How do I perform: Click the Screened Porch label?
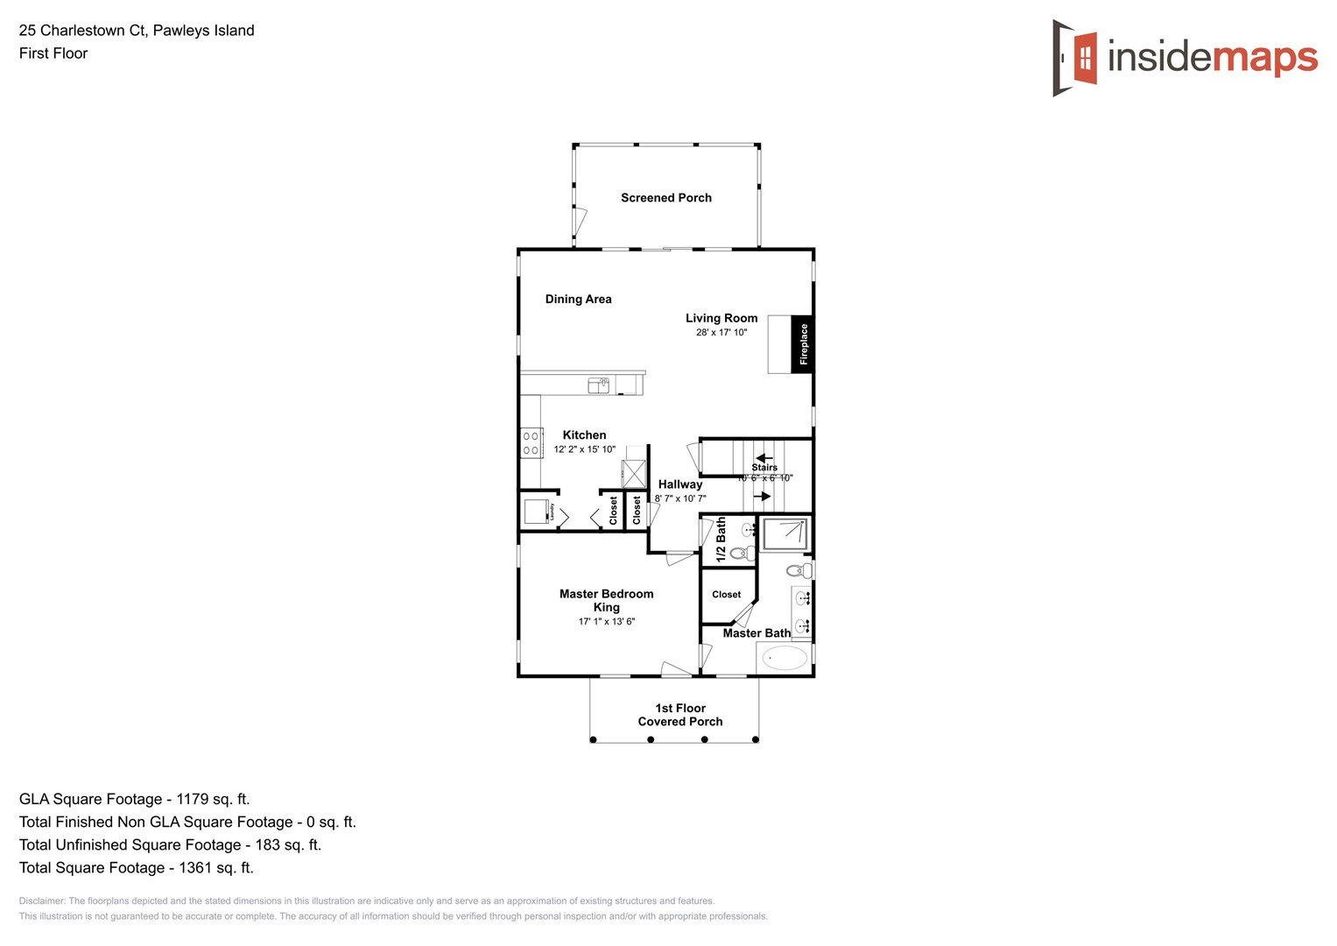point(666,198)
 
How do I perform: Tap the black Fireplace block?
point(802,344)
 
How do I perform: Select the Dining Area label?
point(578,300)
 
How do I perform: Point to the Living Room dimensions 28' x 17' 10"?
point(721,333)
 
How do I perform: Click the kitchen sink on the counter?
point(599,385)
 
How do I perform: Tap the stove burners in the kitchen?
point(531,443)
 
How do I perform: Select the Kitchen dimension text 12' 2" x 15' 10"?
point(584,449)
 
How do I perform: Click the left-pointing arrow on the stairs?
point(764,458)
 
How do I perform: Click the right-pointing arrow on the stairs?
point(763,497)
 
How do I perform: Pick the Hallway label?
point(680,484)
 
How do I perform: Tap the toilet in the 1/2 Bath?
point(742,553)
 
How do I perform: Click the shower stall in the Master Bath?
point(785,533)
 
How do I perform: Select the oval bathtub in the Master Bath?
point(785,658)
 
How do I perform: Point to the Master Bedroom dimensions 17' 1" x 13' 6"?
point(606,622)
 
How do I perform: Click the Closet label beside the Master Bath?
point(726,595)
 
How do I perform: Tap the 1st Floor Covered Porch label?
point(680,715)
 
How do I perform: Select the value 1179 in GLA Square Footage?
point(193,799)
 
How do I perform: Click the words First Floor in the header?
point(53,53)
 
